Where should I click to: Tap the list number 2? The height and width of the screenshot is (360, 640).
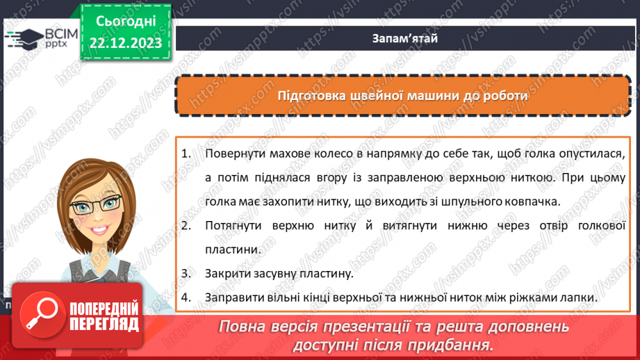pos(186,225)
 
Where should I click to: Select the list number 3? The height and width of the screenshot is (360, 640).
pos(186,273)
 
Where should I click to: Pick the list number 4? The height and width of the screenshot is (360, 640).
pos(186,297)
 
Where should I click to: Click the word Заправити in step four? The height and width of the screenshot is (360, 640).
pos(234,297)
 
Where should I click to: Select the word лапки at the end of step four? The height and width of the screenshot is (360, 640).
pos(580,297)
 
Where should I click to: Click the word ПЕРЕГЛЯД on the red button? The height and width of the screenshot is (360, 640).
pos(104,323)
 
